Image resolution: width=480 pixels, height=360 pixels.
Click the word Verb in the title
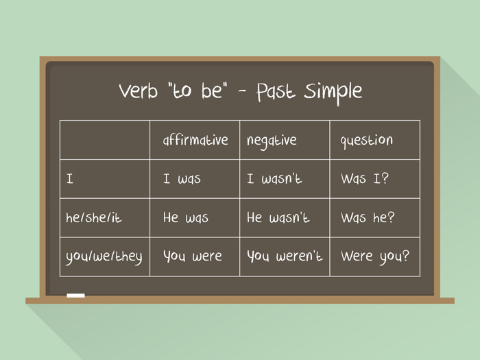click(138, 91)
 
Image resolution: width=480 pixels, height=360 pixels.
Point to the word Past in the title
click(278, 92)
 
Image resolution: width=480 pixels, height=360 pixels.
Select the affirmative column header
click(195, 140)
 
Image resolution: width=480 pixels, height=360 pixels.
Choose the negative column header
click(272, 141)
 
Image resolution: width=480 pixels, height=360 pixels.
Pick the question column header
click(367, 141)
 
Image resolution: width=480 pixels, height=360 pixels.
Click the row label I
click(70, 180)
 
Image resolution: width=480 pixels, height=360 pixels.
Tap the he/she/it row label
click(94, 218)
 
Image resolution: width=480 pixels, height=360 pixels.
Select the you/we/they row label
click(104, 257)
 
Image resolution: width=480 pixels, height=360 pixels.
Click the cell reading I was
click(182, 180)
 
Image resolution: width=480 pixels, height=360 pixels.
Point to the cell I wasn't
click(274, 180)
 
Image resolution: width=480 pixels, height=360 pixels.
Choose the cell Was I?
click(363, 180)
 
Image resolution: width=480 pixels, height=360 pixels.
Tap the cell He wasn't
click(278, 218)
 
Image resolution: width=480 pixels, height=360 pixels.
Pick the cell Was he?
click(369, 218)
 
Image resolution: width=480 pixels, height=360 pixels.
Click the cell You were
click(192, 257)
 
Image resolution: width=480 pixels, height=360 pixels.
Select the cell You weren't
click(284, 257)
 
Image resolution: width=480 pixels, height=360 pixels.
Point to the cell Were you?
click(374, 257)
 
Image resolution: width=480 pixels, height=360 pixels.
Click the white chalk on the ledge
click(75, 296)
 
